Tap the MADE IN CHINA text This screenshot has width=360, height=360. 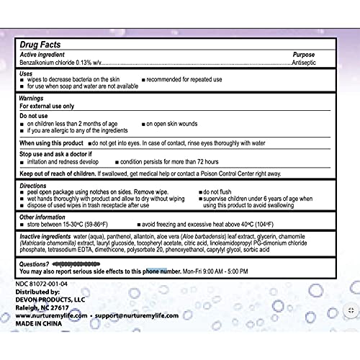tap(41, 323)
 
